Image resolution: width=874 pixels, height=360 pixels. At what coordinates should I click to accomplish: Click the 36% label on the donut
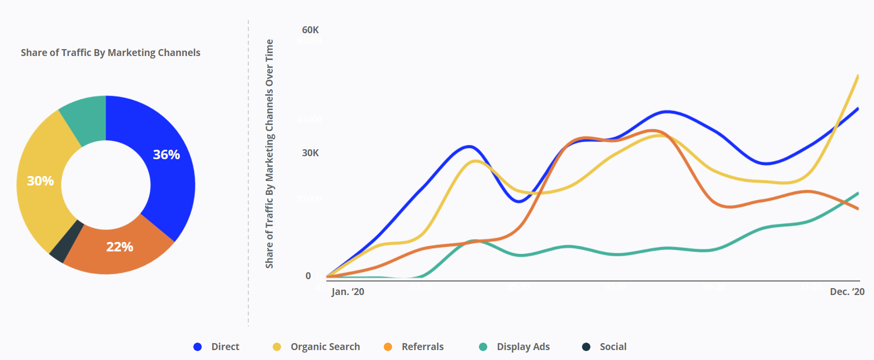click(x=166, y=155)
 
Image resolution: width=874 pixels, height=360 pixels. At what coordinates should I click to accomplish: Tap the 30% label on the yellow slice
click(x=40, y=181)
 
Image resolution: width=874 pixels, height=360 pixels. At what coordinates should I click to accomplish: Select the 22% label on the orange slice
click(x=119, y=247)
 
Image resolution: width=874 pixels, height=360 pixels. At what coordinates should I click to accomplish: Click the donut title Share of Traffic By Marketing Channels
click(x=111, y=53)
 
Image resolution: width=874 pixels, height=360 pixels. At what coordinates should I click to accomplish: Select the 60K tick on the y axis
click(x=310, y=30)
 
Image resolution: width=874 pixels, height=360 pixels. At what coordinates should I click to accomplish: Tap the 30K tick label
click(x=310, y=153)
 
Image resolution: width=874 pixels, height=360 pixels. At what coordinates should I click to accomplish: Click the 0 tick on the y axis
click(x=308, y=276)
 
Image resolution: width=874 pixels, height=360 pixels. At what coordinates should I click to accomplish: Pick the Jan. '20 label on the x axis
click(x=348, y=292)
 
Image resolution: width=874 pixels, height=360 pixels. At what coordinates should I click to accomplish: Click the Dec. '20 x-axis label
click(x=847, y=292)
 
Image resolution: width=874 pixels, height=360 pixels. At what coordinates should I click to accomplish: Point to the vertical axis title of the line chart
click(x=269, y=154)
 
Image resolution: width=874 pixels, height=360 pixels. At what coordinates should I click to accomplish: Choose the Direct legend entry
click(x=217, y=347)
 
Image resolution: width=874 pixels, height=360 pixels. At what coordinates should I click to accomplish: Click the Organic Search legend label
click(x=317, y=347)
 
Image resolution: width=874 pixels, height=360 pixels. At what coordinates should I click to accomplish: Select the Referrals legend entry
click(x=414, y=347)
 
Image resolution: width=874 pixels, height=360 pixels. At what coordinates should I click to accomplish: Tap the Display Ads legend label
click(x=515, y=347)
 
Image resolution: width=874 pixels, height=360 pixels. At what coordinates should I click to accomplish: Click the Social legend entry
click(x=605, y=347)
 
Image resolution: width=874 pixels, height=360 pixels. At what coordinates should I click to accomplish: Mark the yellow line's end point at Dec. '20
click(x=858, y=76)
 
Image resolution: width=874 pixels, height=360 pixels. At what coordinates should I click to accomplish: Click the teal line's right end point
click(x=858, y=193)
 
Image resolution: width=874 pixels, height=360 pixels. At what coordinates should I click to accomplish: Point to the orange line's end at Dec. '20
click(x=858, y=209)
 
